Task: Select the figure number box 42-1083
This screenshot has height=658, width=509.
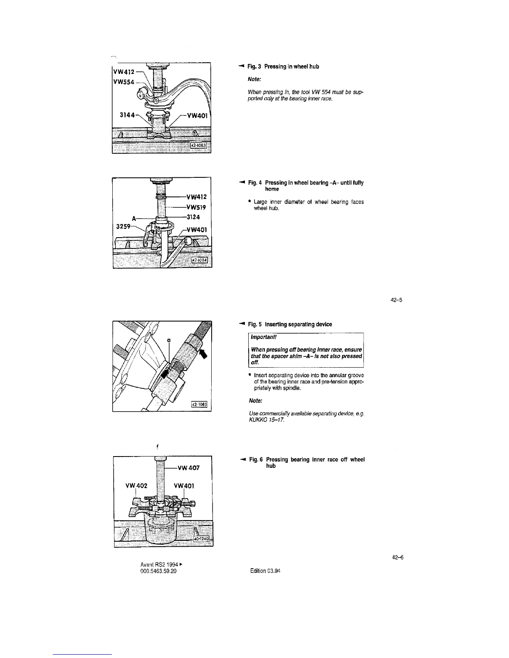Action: point(200,145)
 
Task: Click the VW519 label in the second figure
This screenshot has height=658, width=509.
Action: point(197,206)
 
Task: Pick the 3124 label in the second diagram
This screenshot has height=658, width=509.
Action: point(193,216)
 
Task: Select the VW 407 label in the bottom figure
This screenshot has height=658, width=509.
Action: point(188,468)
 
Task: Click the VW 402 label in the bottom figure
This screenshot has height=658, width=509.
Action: point(136,486)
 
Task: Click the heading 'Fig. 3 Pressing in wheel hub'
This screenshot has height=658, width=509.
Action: point(283,66)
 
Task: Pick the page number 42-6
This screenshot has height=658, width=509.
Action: point(398,558)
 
